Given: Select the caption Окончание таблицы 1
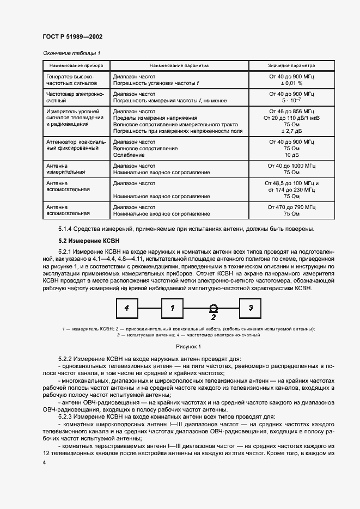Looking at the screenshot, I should [x=71, y=53].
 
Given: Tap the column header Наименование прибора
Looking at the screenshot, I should [x=76, y=65].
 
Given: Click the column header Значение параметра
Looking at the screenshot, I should [x=291, y=65].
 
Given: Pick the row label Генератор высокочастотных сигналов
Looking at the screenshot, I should [x=71, y=81].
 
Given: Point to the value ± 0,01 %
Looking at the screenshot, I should [x=291, y=84].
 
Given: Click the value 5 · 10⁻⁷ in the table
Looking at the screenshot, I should [x=291, y=101].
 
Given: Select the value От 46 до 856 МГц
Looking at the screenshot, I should [x=291, y=111].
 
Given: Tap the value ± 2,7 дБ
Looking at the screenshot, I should [x=291, y=131].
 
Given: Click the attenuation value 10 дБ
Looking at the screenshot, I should [x=291, y=155].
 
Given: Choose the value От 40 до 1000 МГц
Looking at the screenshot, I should [x=291, y=165].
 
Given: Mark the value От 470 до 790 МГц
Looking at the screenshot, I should [x=291, y=207].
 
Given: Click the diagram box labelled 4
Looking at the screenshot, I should [x=126, y=308].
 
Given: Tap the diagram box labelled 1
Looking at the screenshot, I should [x=172, y=308].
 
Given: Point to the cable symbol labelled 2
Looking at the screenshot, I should [x=213, y=309].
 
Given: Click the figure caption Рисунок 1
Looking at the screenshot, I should [x=188, y=346].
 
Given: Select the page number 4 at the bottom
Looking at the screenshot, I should [x=44, y=462].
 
